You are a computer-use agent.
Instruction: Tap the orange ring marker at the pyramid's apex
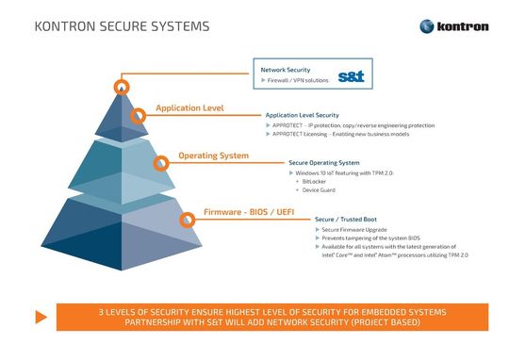tap(122, 87)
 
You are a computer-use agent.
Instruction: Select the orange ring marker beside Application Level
tap(139, 116)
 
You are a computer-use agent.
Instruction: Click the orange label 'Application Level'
tap(189, 108)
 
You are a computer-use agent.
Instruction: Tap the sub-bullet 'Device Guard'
tap(321, 190)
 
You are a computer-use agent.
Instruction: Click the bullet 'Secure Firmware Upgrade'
tap(355, 230)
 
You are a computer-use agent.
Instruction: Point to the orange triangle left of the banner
tap(40, 317)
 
